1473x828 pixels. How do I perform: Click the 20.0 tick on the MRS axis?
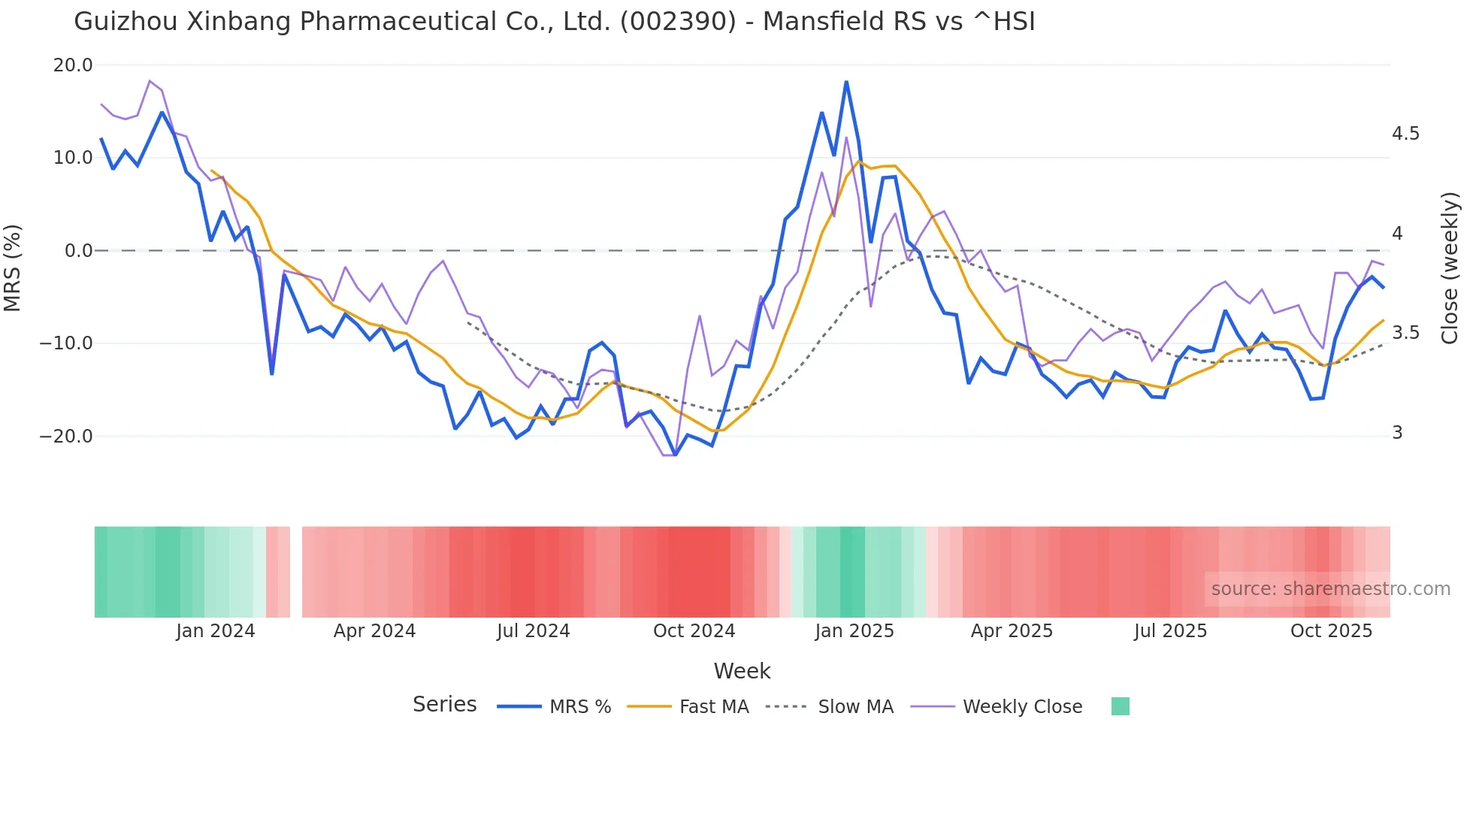pos(72,65)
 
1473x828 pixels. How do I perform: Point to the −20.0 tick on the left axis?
pos(66,437)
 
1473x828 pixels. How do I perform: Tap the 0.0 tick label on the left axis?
pos(78,251)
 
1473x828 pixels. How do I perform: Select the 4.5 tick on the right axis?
pos(1405,134)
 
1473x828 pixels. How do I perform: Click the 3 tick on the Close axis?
pos(1397,433)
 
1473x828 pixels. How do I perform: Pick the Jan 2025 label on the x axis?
pos(854,631)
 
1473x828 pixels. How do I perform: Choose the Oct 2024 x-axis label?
pos(694,631)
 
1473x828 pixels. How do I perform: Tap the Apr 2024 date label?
pos(374,631)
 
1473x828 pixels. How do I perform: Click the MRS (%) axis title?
pos(13,268)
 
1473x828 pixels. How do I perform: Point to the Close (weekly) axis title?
pos(1450,268)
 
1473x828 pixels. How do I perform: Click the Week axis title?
pos(742,671)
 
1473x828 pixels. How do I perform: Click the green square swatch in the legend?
pos(1120,706)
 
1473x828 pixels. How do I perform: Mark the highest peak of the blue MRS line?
pos(846,82)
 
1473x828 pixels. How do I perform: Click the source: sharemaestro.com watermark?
pos(1330,589)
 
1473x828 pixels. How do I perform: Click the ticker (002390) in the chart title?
pos(678,22)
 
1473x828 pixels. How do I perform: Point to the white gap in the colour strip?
pos(296,572)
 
